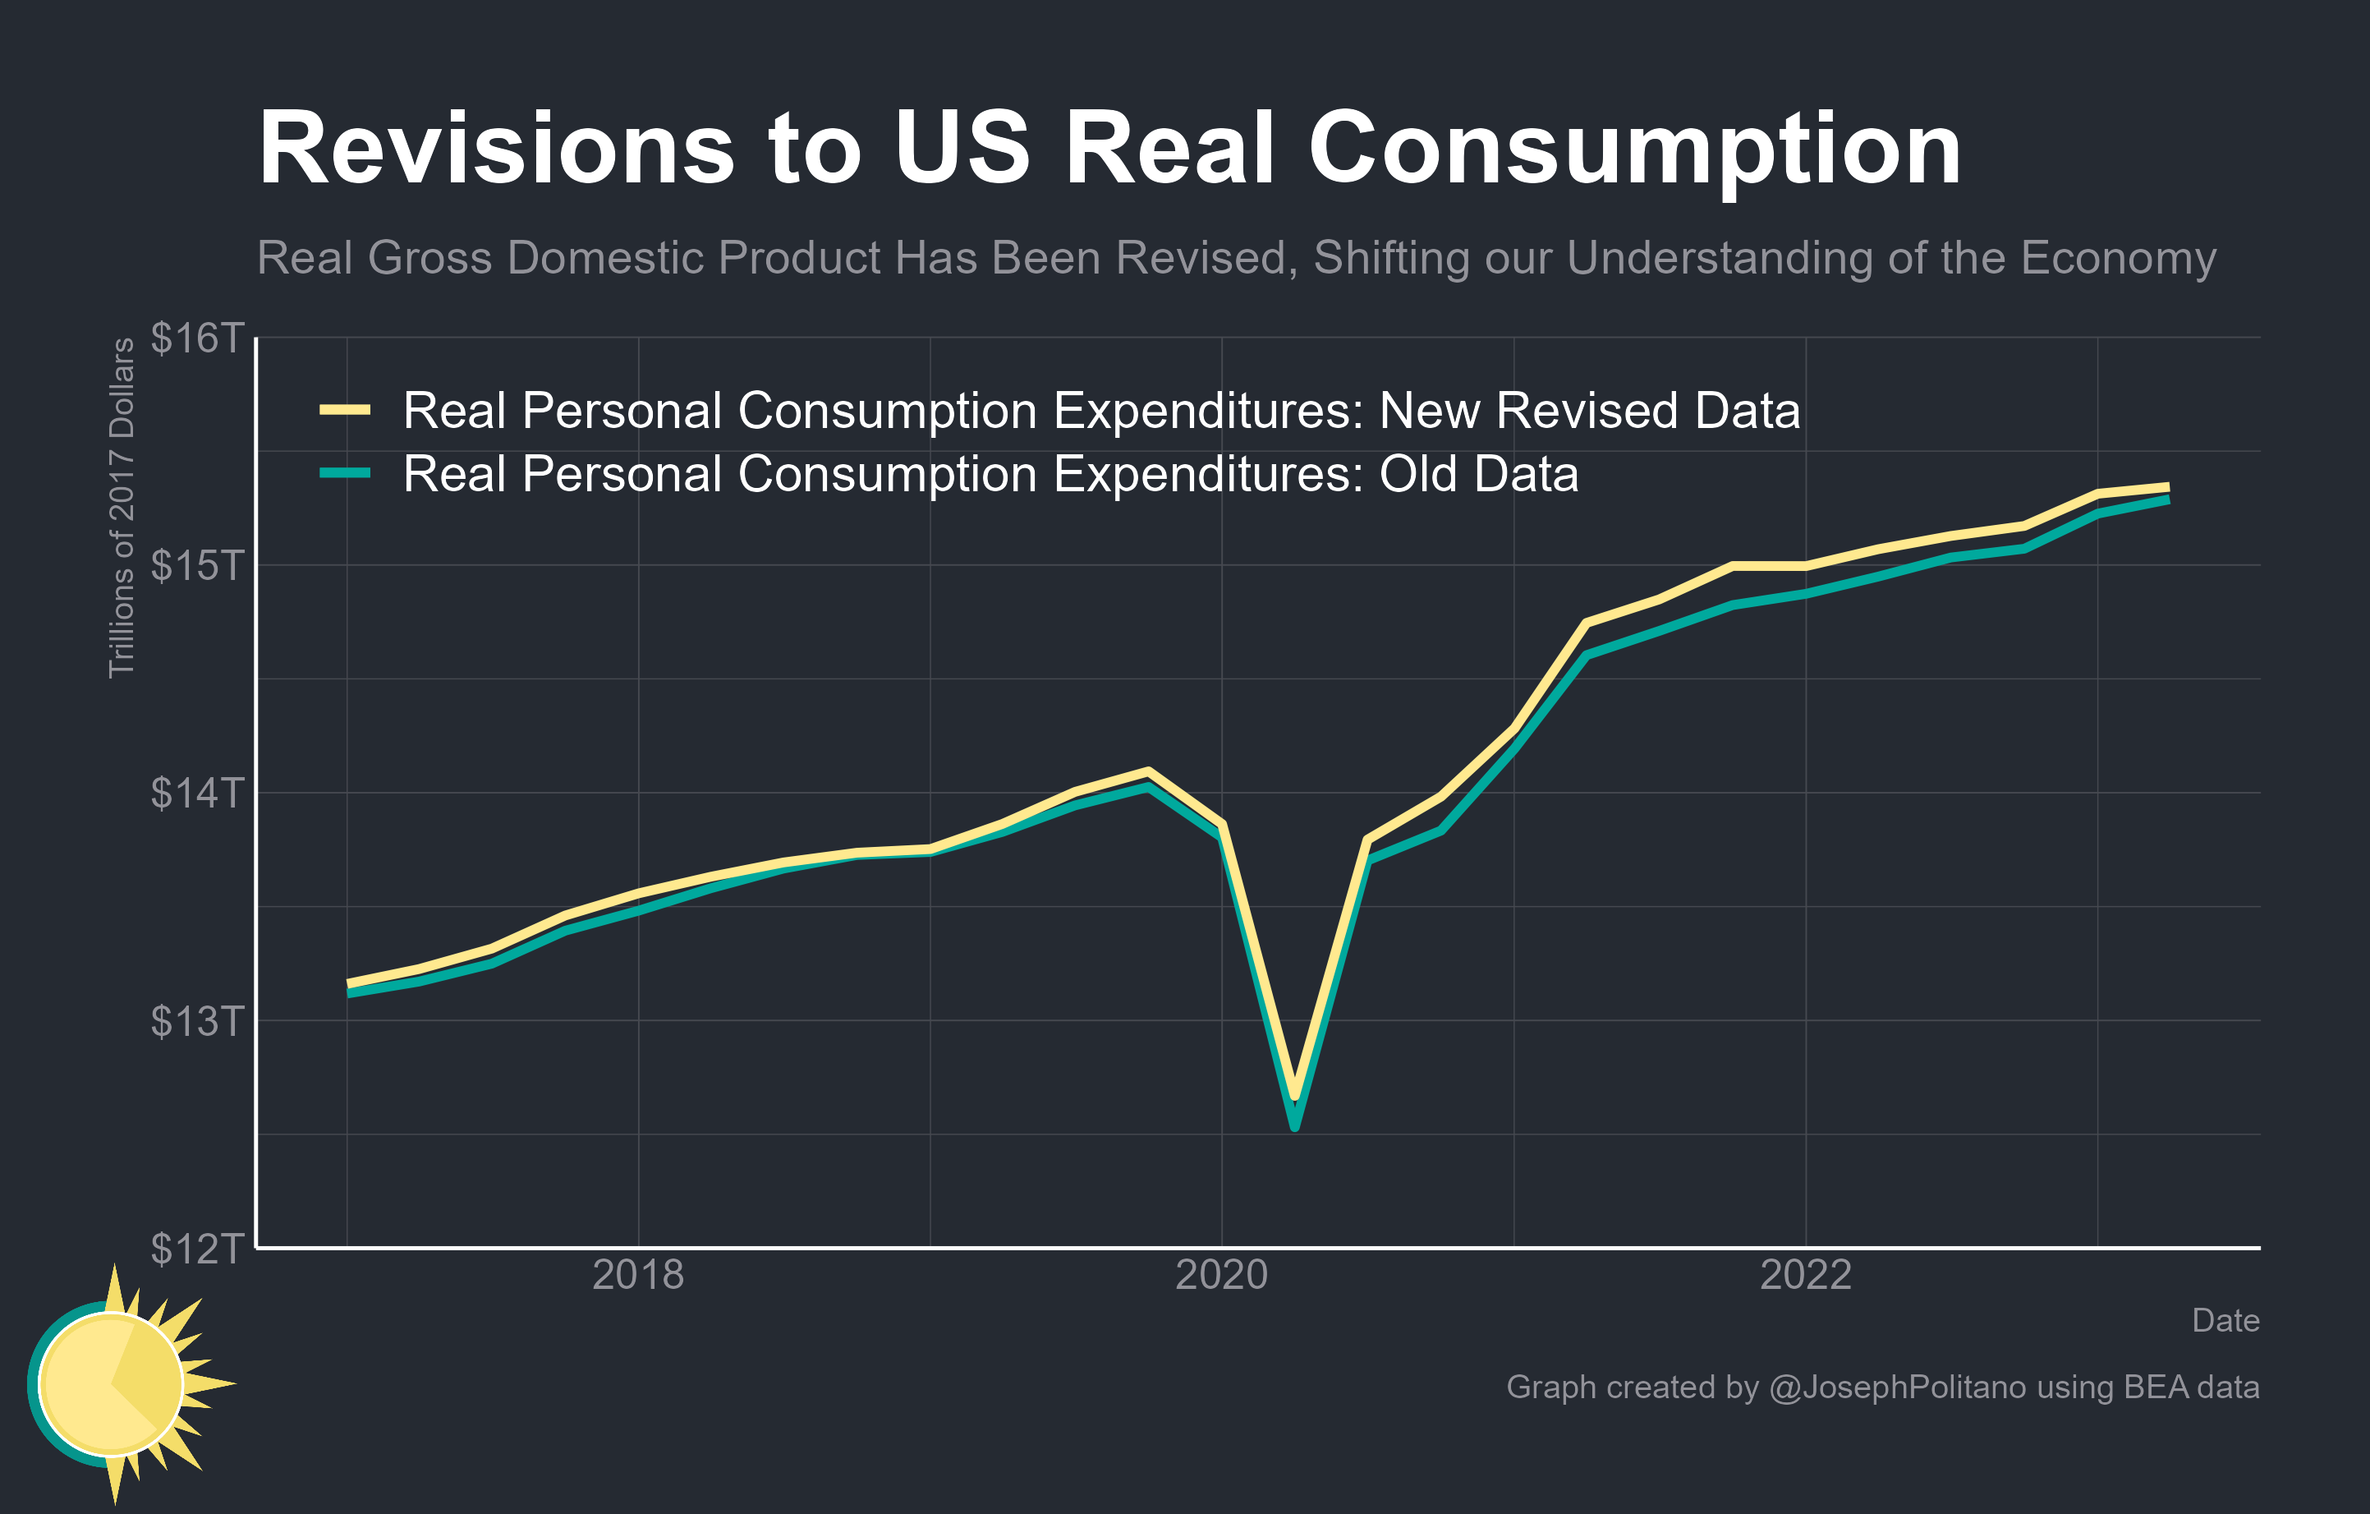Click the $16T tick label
coord(196,338)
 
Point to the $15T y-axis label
coord(196,565)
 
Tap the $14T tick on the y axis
coord(196,793)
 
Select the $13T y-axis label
coord(196,1021)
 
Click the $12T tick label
coord(196,1248)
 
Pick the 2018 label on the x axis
coord(638,1276)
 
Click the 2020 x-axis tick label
coord(1221,1276)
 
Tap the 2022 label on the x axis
coord(1805,1276)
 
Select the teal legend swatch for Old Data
coord(344,473)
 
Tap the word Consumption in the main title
coord(1634,149)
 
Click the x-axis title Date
coord(2225,1321)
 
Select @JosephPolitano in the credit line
coord(1897,1387)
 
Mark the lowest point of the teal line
coord(1295,1126)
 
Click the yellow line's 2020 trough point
coord(1295,1093)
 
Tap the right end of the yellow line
coord(2166,487)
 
